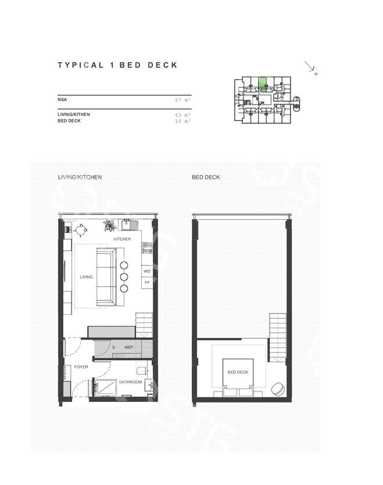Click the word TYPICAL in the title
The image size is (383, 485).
pos(81,65)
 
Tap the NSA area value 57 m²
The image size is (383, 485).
pos(182,100)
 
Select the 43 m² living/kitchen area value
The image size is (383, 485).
pos(182,115)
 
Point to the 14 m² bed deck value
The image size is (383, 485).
pos(182,121)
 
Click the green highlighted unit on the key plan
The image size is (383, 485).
pos(262,84)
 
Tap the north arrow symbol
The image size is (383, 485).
pos(311,68)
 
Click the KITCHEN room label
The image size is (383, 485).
pos(122,239)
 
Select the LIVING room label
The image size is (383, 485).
pos(87,277)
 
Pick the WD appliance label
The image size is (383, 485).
pos(147,271)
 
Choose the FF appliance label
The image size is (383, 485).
pos(147,282)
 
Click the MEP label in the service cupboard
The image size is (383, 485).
pos(129,347)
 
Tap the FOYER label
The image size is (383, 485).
pos(81,367)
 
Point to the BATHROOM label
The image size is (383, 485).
pos(130,382)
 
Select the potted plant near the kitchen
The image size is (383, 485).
pos(110,225)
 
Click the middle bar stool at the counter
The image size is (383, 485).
pos(124,277)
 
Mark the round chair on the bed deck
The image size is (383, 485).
pos(278,389)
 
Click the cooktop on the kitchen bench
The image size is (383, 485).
pos(147,248)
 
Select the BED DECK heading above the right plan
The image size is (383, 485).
pos(206,177)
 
